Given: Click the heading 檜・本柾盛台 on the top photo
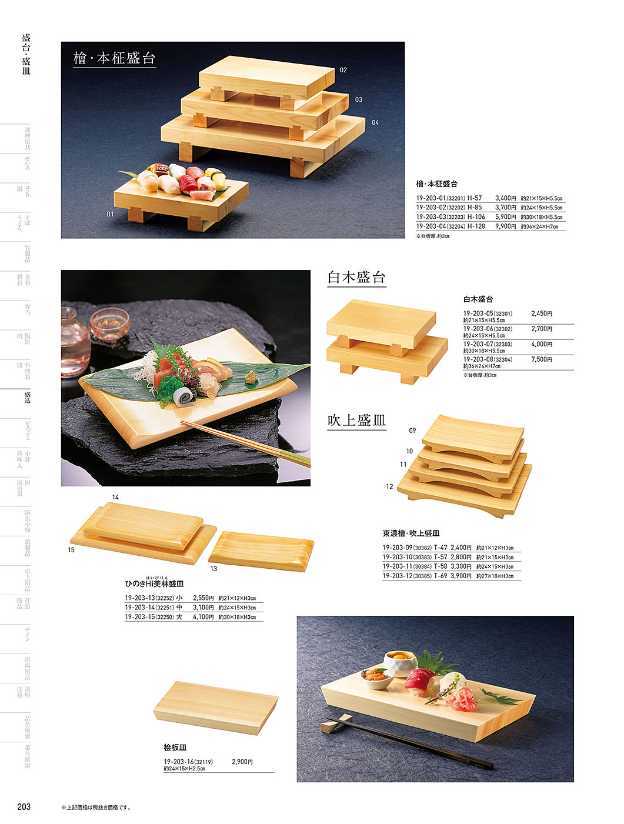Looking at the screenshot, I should tap(114, 58).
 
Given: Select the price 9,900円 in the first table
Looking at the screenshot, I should tap(505, 226).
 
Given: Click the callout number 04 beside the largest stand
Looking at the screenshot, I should tap(375, 123).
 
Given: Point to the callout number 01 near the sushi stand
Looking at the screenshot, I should tap(110, 214).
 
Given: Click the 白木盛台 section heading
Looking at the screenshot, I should tap(356, 278).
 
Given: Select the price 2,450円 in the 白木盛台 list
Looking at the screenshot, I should tap(542, 314).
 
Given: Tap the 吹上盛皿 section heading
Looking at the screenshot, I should tap(356, 421).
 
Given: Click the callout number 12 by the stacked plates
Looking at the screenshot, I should tap(389, 486).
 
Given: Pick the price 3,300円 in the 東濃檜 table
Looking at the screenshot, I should tap(461, 567).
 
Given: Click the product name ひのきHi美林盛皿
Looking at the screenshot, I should tap(154, 584).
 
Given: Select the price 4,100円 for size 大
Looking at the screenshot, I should tap(203, 618).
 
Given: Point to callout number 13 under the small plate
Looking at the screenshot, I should tap(213, 569).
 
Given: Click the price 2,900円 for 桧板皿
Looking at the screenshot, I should tap(242, 762).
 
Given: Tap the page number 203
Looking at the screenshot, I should tap(24, 807).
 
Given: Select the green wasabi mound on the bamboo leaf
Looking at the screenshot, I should tap(251, 377).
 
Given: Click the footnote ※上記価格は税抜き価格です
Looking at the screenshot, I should tap(96, 808).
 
